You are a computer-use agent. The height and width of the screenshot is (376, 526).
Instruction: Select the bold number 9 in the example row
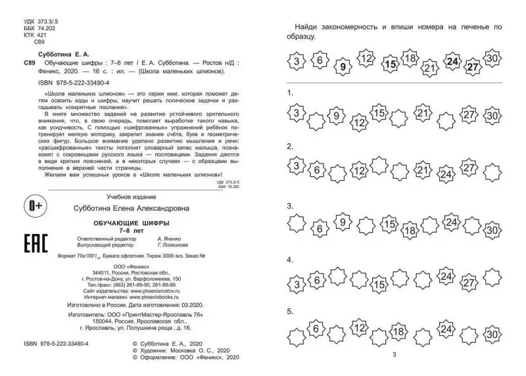click(x=341, y=66)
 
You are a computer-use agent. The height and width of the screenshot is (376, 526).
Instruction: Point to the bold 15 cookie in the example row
click(x=391, y=64)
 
